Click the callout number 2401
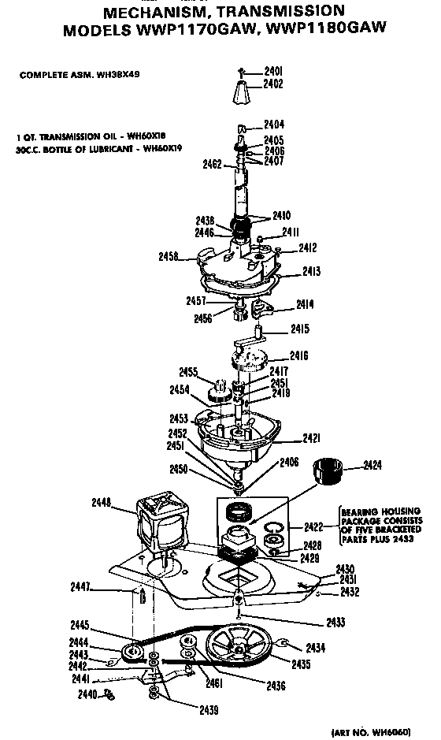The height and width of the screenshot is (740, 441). (x=273, y=72)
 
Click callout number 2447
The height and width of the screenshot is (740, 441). (x=103, y=587)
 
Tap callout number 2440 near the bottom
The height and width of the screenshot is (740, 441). (x=87, y=694)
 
